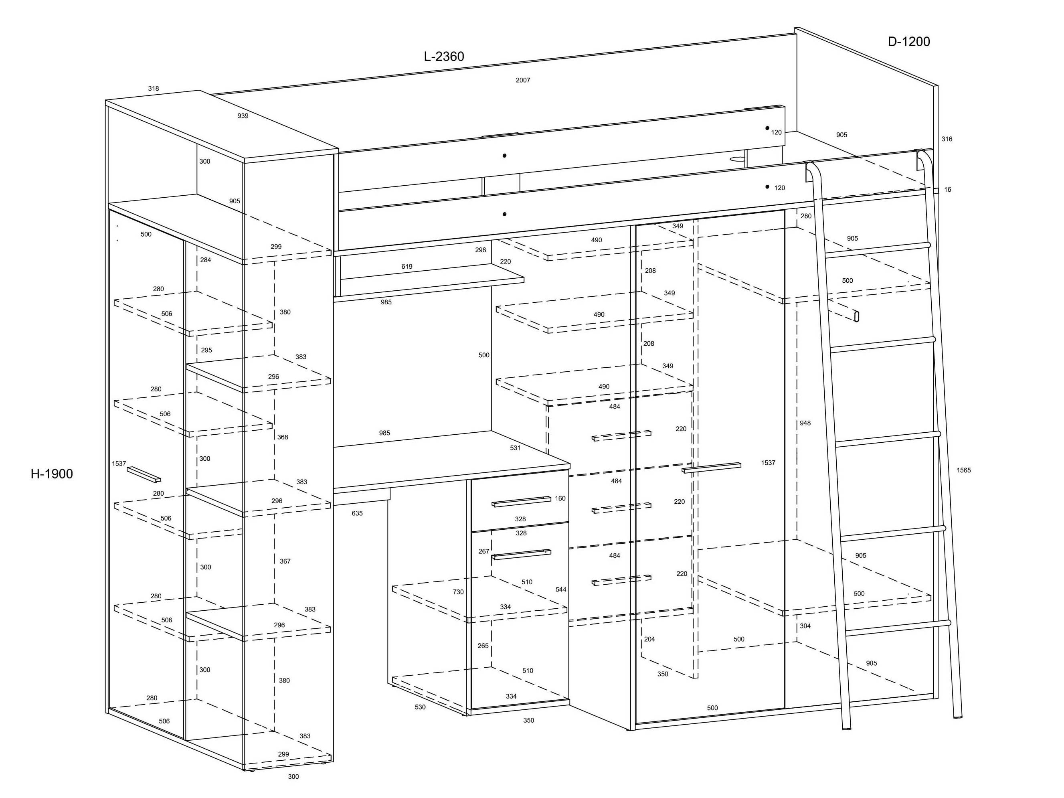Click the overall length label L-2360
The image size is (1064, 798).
pos(443,57)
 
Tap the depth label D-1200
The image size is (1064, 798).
pos(908,42)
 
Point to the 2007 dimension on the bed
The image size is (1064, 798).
pos(523,80)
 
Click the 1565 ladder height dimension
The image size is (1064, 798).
pos(963,470)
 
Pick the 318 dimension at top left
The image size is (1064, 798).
pos(154,89)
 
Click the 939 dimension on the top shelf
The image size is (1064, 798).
pos(243,116)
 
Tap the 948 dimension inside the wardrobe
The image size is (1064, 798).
pos(805,423)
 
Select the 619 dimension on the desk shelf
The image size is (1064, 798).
pos(407,267)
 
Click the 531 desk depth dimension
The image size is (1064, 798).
pos(515,448)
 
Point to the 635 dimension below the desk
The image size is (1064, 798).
pos(357,513)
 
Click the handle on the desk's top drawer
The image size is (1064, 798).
pos(522,502)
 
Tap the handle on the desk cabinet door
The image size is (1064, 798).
pos(522,554)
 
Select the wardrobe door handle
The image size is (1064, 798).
pos(712,468)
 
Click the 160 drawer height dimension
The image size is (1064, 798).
pos(560,498)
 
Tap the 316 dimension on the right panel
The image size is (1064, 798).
pos(947,139)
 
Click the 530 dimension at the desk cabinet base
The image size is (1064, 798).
pos(420,707)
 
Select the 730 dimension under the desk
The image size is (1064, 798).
pos(458,591)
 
